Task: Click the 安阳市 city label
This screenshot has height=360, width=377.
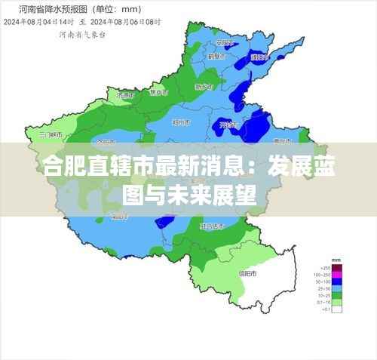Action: pos(223,43)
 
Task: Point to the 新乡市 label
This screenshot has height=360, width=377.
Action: pos(204,87)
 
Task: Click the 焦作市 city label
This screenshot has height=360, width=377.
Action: pos(158,92)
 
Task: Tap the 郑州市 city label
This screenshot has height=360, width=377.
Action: pos(182,122)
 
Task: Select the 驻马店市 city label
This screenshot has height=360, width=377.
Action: pos(212,226)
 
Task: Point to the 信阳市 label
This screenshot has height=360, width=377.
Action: pos(247,273)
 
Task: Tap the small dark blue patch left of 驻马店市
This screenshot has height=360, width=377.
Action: pos(164,223)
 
